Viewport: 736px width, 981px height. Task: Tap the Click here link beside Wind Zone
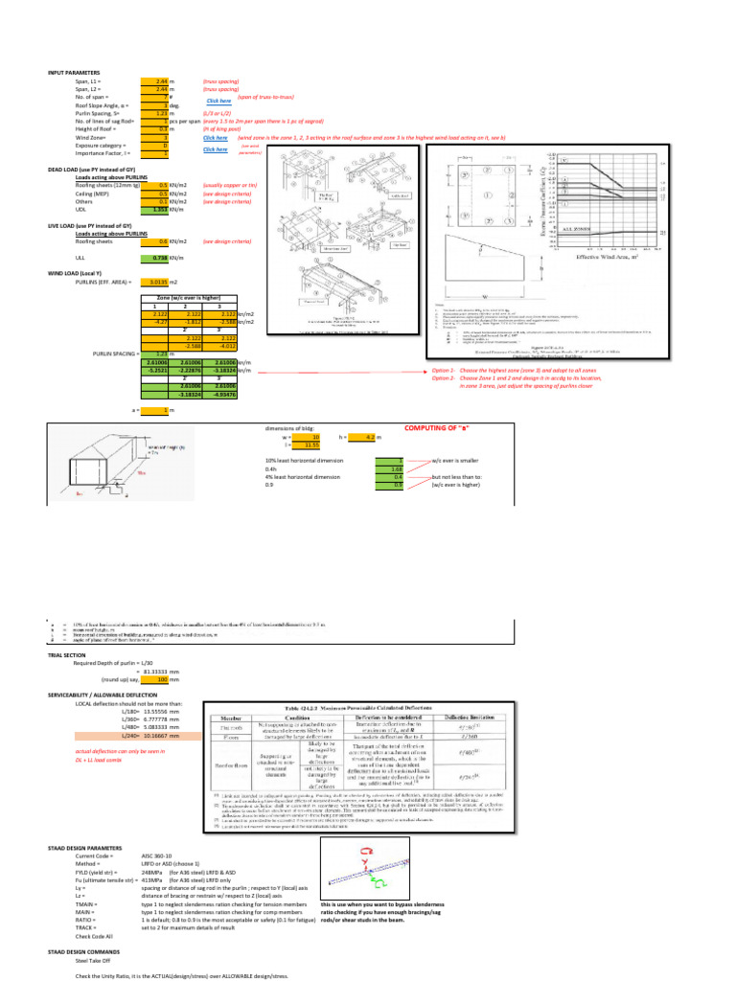(216, 138)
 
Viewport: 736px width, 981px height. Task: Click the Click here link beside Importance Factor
(216, 149)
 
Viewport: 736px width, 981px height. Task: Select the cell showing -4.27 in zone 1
(155, 323)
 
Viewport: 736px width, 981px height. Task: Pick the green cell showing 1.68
(387, 469)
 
